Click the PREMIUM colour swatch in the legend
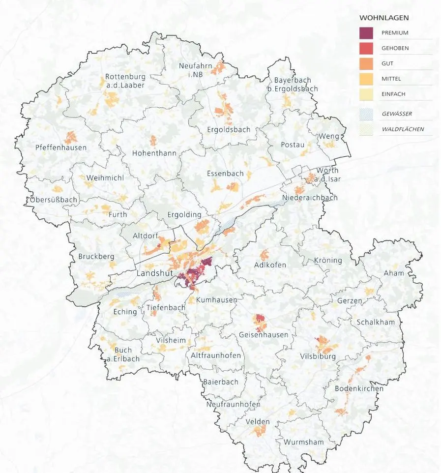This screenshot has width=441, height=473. coord(366,33)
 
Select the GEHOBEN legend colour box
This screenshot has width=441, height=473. coord(366,49)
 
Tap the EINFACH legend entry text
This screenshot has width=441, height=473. coord(393,94)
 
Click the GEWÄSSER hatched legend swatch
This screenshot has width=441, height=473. coord(366,114)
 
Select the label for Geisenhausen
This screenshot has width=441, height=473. coord(264,335)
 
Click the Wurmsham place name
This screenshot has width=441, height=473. coord(303,442)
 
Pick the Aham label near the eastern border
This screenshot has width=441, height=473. coord(394,273)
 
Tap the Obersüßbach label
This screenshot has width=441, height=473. coord(54,200)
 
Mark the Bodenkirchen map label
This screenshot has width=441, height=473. coord(358,389)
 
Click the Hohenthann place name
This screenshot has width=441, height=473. coord(154,153)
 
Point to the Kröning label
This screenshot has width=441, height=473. coord(327,260)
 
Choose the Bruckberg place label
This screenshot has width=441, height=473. coord(96,257)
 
